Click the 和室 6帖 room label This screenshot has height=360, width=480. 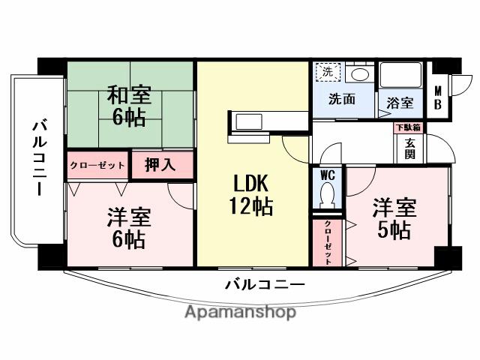tap(130, 106)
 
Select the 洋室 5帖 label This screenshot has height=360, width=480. tap(391, 218)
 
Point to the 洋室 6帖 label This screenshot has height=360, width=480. tap(129, 227)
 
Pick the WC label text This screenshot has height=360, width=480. tap(328, 174)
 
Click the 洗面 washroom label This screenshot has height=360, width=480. tap(341, 98)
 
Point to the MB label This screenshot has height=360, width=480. tap(439, 98)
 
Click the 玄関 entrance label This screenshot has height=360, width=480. tap(411, 147)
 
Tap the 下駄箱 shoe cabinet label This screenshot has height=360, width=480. tap(409, 127)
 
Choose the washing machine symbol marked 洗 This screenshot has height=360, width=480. tap(327, 72)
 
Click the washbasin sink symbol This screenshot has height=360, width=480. tap(360, 73)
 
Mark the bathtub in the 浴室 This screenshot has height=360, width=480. tap(400, 75)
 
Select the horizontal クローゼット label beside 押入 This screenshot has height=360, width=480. tap(98, 165)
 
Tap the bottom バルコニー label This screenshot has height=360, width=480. tap(265, 284)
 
